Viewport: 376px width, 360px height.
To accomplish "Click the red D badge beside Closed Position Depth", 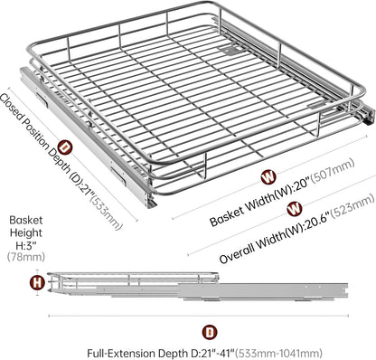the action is (65, 147).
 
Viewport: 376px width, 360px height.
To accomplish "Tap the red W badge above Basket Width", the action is (268, 177).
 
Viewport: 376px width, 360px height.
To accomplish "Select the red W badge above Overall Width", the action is (295, 209).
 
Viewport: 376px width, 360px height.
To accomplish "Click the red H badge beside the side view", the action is (37, 283).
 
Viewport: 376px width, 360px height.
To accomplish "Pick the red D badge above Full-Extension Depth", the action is (210, 332).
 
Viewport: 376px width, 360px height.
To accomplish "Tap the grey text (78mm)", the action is (26, 257).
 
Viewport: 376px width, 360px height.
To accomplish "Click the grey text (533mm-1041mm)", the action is (278, 353).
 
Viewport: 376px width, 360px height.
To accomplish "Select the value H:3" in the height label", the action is (26, 245).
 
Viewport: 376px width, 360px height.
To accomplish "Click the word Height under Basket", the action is (26, 232).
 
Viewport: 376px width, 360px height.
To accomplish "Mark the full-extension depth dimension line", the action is (199, 316).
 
